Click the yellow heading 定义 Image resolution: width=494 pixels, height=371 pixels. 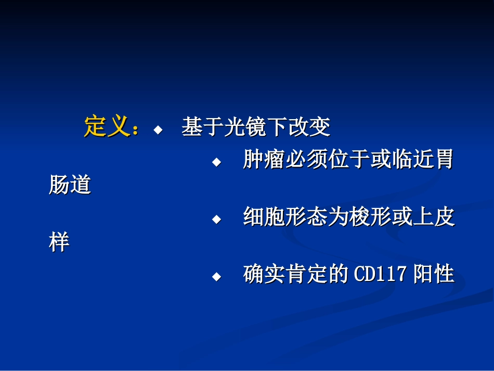tap(106, 126)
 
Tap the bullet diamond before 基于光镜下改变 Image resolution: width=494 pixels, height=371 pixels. tap(158, 129)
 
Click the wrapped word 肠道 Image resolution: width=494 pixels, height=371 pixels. tap(70, 185)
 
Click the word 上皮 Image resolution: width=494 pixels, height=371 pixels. tap(434, 217)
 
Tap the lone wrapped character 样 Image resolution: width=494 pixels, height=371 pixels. tap(59, 242)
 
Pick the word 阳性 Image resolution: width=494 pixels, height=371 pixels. tap(434, 274)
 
